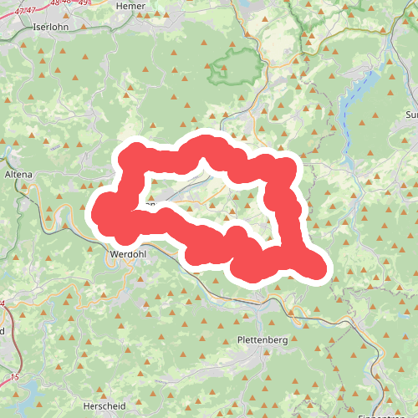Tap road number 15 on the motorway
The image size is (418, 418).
coord(13,378)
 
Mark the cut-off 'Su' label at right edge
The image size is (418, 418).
coord(410,115)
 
